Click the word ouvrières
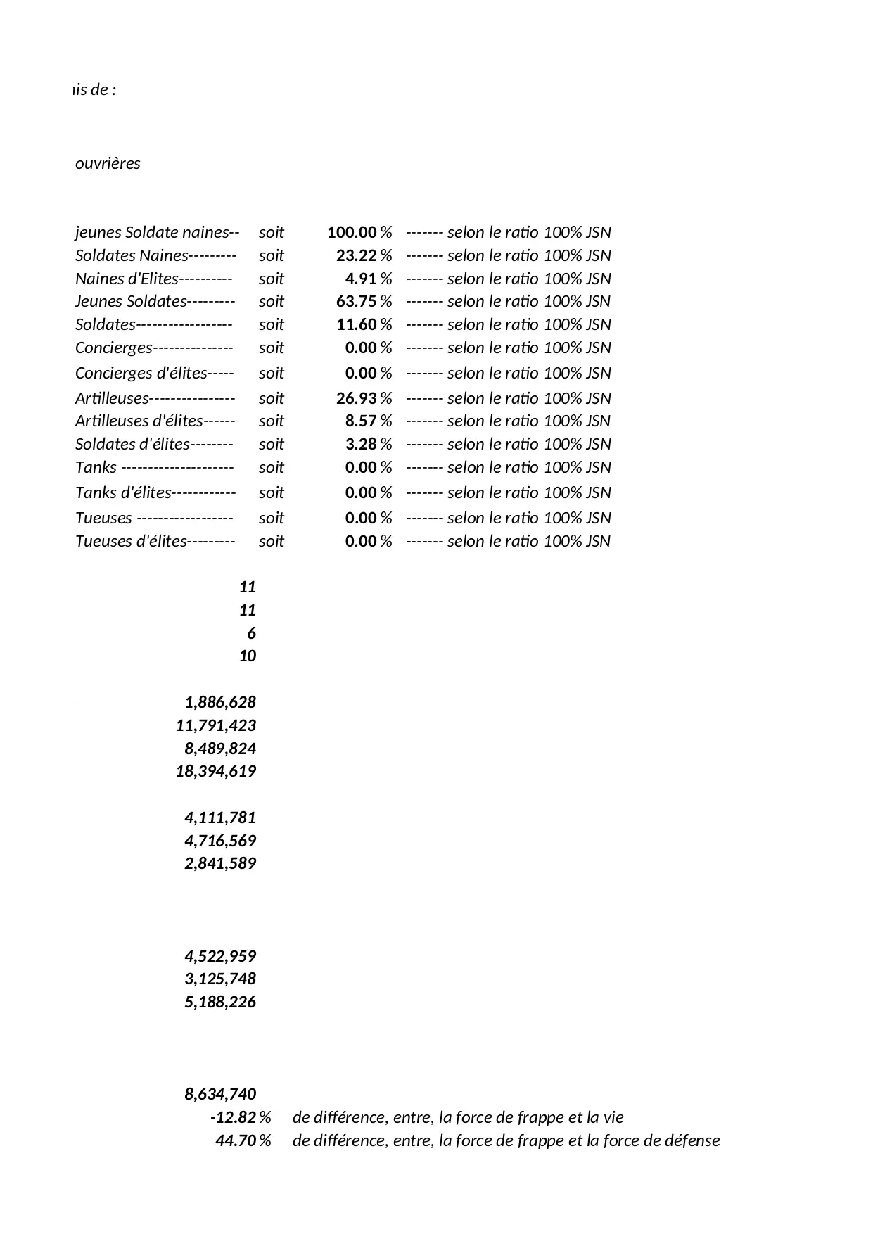pyautogui.click(x=108, y=163)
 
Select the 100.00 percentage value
pyautogui.click(x=352, y=232)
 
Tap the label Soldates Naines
pyautogui.click(x=132, y=255)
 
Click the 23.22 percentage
pyautogui.click(x=356, y=255)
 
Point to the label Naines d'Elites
pyautogui.click(x=127, y=279)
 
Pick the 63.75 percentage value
pyautogui.click(x=356, y=301)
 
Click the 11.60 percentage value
pyautogui.click(x=356, y=324)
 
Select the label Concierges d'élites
pyautogui.click(x=141, y=373)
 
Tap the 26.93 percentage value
pyautogui.click(x=356, y=398)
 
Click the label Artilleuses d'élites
pyautogui.click(x=139, y=421)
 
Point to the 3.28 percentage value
pyautogui.click(x=360, y=444)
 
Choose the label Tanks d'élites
pyautogui.click(x=123, y=492)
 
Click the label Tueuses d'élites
pyautogui.click(x=131, y=541)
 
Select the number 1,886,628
pyautogui.click(x=220, y=702)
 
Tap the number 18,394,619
pyautogui.click(x=216, y=771)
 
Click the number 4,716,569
pyautogui.click(x=220, y=841)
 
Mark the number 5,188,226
pyautogui.click(x=220, y=1002)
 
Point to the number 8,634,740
pyautogui.click(x=220, y=1094)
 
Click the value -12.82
pyautogui.click(x=233, y=1117)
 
